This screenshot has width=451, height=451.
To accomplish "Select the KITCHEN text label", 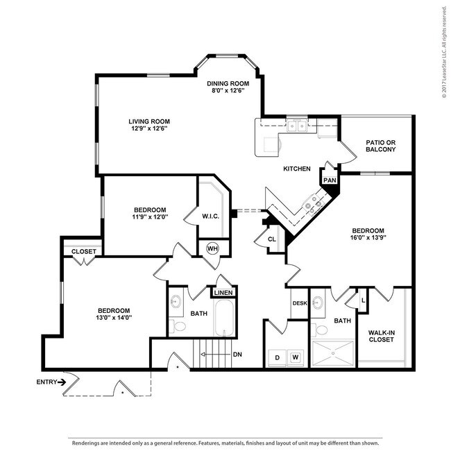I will (296, 169).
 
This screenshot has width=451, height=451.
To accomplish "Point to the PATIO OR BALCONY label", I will (380, 146).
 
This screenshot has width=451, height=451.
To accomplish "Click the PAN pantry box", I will (330, 180).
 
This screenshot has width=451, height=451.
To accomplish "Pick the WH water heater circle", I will (212, 248).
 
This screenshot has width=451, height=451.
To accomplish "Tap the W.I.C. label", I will (211, 216).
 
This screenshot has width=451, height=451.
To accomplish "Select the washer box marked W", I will (295, 357).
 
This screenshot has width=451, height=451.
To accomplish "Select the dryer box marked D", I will (276, 357).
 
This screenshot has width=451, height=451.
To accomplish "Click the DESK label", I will (299, 303).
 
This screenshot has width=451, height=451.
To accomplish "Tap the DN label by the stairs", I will (237, 355).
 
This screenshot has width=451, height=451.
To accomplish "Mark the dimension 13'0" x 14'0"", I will (114, 317).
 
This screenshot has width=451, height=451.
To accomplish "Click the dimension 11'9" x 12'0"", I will (149, 217).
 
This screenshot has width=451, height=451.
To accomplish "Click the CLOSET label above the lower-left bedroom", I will (84, 251).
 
